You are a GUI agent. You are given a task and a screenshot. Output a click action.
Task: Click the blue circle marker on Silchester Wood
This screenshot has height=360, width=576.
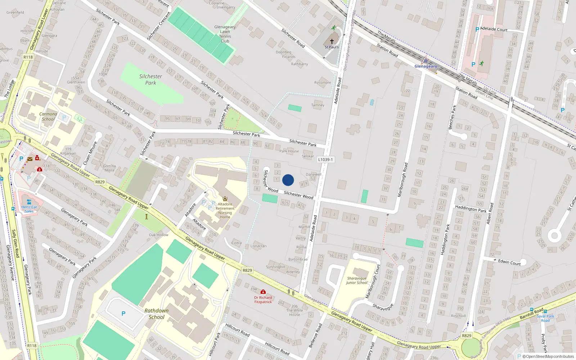coord(288,180)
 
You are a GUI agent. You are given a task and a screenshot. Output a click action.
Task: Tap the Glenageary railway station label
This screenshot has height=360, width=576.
coord(426,66)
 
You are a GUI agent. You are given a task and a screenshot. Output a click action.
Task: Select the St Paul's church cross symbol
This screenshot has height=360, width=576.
coord(332,41)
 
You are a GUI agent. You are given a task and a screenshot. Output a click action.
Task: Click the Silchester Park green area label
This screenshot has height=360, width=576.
coord(150,80)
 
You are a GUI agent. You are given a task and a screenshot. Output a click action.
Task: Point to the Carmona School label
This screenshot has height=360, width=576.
coord(48,117)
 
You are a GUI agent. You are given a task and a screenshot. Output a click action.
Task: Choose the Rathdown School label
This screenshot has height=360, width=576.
coord(156,314)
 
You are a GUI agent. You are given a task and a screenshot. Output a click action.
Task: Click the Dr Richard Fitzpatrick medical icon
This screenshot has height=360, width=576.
coord(263,292)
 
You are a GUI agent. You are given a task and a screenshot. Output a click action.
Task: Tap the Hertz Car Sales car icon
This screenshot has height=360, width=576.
coord(29,202)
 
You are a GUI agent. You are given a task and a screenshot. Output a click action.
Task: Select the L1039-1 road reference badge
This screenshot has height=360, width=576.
coord(325,159)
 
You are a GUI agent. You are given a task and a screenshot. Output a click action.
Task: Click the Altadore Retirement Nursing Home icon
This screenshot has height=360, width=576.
coord(225,199)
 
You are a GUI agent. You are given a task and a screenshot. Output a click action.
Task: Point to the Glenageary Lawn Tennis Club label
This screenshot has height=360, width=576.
coord(225,34)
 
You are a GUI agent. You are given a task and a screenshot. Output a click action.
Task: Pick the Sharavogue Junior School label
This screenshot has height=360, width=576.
coord(357,280)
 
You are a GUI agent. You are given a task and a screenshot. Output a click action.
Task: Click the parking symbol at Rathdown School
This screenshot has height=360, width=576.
coord(123,314)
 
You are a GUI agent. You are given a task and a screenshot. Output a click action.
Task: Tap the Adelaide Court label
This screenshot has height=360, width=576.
coord(494,29)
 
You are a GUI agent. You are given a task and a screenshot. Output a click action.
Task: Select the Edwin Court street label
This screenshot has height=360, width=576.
coord(509,262)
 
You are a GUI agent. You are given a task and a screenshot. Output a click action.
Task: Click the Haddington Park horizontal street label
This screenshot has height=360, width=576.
coord(471,208)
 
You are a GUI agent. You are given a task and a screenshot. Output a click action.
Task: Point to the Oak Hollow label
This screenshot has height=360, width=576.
coord(158,235)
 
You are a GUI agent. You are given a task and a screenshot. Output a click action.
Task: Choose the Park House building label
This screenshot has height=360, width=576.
coord(289,151)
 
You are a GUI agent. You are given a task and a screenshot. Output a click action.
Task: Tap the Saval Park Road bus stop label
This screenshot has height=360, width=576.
coord(545,318)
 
